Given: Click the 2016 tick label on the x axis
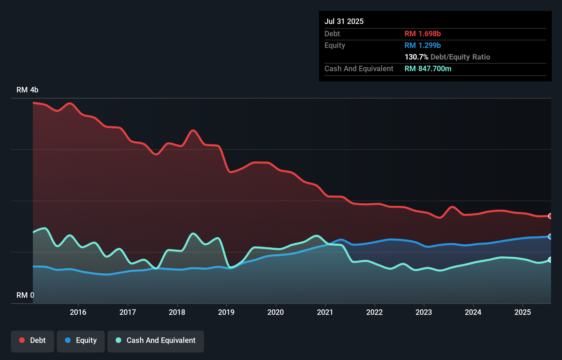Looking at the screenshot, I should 78,312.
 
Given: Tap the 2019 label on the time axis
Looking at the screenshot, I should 226,312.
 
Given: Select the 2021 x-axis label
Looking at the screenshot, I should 325,312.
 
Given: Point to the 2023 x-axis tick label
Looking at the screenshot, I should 424,312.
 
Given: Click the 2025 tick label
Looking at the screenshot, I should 523,312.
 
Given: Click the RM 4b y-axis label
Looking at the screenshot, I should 27,90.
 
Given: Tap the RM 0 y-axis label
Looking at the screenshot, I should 25,295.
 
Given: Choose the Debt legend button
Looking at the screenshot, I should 33,340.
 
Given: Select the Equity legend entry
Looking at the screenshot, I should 81,340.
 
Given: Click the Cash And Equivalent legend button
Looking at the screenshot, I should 156,340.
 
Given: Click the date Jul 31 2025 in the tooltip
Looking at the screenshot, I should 344,21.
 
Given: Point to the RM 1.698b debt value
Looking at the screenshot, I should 423,34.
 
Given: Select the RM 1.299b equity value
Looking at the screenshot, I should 423,45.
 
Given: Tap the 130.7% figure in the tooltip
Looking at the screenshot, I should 416,57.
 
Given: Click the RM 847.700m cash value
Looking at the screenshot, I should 428,68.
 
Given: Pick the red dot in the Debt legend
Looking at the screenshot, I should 22,340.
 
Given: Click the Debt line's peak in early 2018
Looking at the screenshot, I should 193,130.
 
